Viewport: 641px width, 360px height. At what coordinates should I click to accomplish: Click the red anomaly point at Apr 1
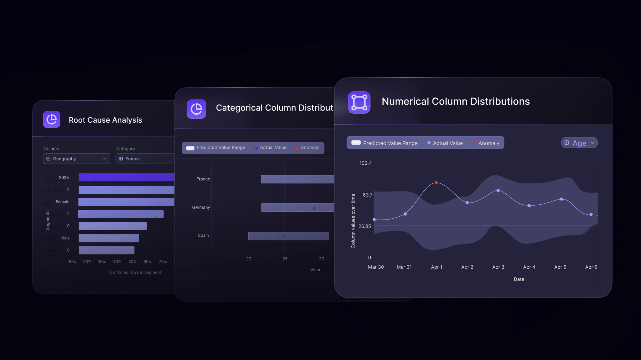436,183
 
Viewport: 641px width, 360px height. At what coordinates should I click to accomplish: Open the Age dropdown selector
579,143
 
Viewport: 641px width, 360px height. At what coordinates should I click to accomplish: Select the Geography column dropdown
77,159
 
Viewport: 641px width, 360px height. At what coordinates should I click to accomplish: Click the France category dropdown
145,159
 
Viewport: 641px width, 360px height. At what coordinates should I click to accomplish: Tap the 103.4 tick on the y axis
366,163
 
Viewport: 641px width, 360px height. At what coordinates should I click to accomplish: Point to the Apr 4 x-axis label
529,267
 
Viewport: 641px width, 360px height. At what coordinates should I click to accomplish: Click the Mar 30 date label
376,267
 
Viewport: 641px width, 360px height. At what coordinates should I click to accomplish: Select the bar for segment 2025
126,177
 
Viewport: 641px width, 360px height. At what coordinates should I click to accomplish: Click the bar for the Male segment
109,238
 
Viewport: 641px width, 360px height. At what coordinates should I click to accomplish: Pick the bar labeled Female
126,202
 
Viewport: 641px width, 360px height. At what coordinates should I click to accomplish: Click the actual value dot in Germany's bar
314,208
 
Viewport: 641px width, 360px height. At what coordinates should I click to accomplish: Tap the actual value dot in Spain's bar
284,236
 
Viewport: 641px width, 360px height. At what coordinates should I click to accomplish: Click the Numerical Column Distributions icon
359,102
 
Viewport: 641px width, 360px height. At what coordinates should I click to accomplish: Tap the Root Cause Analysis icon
52,119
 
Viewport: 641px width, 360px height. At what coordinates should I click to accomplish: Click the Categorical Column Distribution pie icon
196,109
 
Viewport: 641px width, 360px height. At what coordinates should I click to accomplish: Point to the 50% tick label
132,262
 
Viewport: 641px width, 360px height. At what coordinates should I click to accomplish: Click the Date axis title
519,279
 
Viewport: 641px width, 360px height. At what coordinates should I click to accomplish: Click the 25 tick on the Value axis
285,259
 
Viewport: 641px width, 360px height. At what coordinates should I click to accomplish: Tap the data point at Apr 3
498,190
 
